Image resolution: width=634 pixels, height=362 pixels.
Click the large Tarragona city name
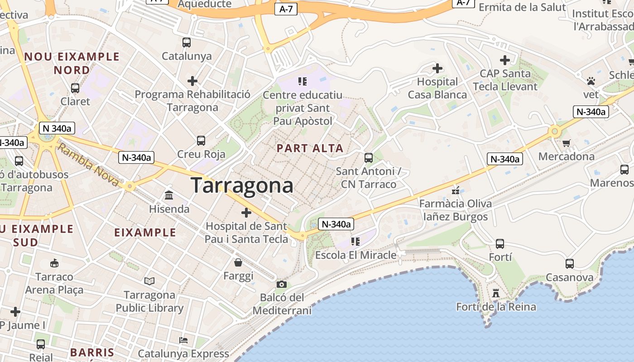pyautogui.click(x=242, y=186)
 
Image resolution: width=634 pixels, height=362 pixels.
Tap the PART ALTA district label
pyautogui.click(x=310, y=148)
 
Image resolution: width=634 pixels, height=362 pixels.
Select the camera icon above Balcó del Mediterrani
pyautogui.click(x=282, y=284)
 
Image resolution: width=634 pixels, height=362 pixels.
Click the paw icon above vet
pyautogui.click(x=591, y=81)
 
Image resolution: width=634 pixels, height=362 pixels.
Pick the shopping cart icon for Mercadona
pyautogui.click(x=566, y=143)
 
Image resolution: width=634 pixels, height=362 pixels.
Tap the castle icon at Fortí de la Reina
pyautogui.click(x=496, y=293)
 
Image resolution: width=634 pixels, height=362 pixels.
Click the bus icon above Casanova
pyautogui.click(x=570, y=263)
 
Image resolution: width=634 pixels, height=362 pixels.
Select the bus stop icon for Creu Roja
pyautogui.click(x=201, y=141)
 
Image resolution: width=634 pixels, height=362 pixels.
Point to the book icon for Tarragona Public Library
pyautogui.click(x=149, y=281)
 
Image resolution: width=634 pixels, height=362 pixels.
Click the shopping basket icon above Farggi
pyautogui.click(x=238, y=262)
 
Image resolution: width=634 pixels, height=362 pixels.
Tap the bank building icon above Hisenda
pyautogui.click(x=169, y=195)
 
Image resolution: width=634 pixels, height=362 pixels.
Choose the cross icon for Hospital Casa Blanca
pyautogui.click(x=437, y=68)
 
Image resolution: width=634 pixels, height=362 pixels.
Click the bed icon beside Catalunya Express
pyautogui.click(x=183, y=340)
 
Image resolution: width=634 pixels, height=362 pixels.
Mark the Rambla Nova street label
pyautogui.click(x=89, y=165)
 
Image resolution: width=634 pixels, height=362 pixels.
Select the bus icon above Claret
pyautogui.click(x=75, y=88)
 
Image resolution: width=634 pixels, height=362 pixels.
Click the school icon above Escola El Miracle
pyautogui.click(x=355, y=242)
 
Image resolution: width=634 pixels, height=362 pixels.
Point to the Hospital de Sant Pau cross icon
pyautogui.click(x=246, y=212)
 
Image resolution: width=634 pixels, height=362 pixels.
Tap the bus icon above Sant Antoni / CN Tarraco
pyautogui.click(x=369, y=158)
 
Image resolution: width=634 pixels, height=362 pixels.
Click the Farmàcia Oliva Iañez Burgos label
pyautogui.click(x=455, y=210)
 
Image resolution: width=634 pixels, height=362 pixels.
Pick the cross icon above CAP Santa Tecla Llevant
pyautogui.click(x=505, y=60)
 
